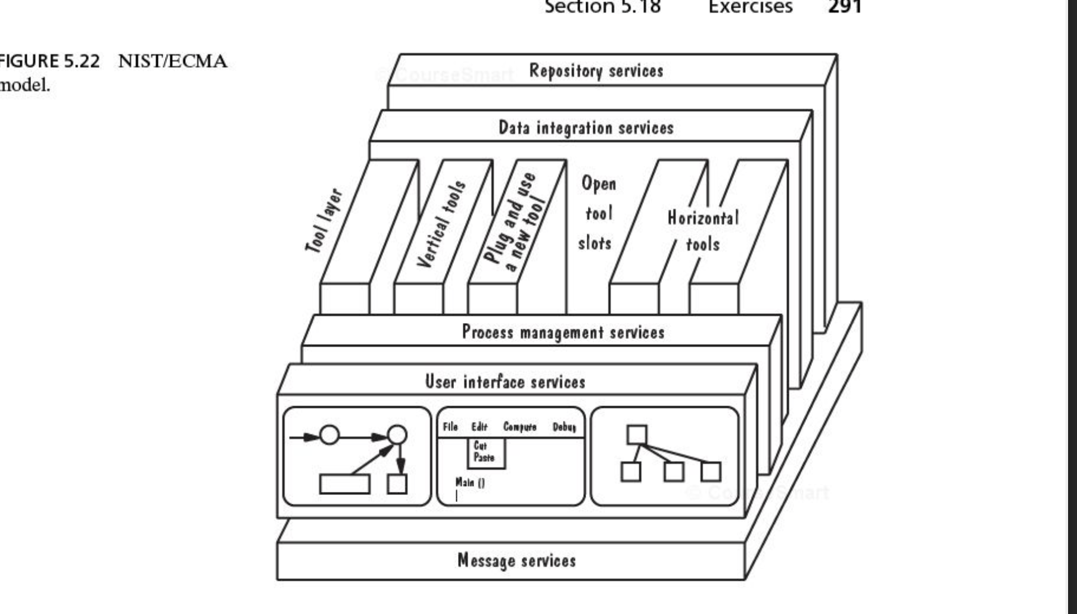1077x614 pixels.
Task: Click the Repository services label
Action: pyautogui.click(x=596, y=71)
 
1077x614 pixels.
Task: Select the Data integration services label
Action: pyautogui.click(x=586, y=127)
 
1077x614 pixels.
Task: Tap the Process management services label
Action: pyautogui.click(x=563, y=332)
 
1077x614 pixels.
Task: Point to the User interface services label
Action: pyautogui.click(x=505, y=382)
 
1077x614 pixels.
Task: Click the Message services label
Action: pyautogui.click(x=516, y=560)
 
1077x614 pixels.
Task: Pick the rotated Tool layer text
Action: pyautogui.click(x=325, y=220)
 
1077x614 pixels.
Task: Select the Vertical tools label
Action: pyautogui.click(x=441, y=224)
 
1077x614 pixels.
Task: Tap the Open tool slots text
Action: pyautogui.click(x=597, y=213)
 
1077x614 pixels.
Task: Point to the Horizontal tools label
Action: pyautogui.click(x=703, y=231)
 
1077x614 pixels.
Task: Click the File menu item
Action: pyautogui.click(x=450, y=427)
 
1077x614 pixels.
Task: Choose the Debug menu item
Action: pyautogui.click(x=564, y=427)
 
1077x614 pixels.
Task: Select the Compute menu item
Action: pyautogui.click(x=519, y=427)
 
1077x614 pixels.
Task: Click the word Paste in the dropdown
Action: pyautogui.click(x=484, y=458)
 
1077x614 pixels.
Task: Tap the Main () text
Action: pyautogui.click(x=470, y=482)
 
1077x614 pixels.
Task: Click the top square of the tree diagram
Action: pyautogui.click(x=637, y=435)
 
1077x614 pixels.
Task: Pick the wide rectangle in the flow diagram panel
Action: pyautogui.click(x=344, y=484)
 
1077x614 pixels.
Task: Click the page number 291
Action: pyautogui.click(x=845, y=7)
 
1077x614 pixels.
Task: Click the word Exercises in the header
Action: pyautogui.click(x=750, y=7)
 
